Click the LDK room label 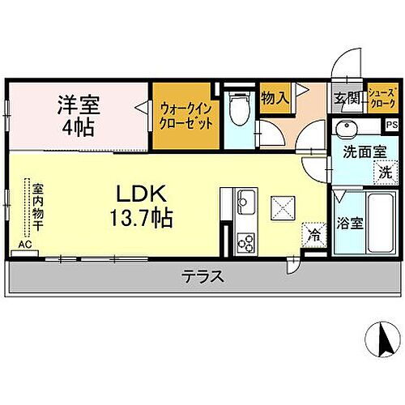(x=147, y=194)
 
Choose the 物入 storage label (x=275, y=98)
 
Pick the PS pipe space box (x=391, y=126)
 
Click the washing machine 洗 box (x=386, y=171)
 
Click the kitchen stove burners (x=245, y=241)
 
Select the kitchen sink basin (x=245, y=202)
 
